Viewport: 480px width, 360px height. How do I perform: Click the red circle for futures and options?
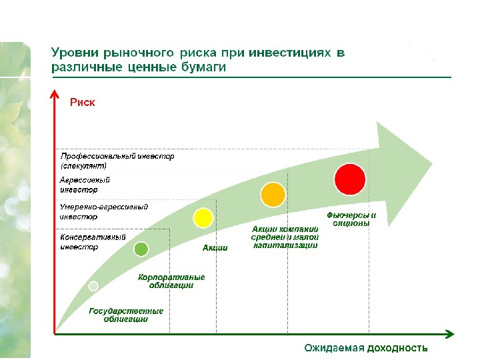tap(350, 179)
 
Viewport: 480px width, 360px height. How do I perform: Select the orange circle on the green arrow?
tap(273, 194)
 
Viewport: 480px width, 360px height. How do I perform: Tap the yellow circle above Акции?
tap(203, 217)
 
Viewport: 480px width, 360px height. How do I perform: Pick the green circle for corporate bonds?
tap(141, 249)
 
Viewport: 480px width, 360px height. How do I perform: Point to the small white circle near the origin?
tap(93, 286)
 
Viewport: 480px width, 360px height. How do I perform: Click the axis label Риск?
tap(83, 102)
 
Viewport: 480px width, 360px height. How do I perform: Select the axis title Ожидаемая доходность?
tap(365, 348)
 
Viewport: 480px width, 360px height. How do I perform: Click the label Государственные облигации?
tap(126, 315)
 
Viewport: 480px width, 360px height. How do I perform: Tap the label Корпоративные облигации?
tap(171, 281)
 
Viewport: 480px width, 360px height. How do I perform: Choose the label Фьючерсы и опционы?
tap(351, 219)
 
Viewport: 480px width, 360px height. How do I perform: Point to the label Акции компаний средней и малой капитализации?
tap(285, 237)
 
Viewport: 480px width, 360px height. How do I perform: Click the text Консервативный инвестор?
tap(93, 241)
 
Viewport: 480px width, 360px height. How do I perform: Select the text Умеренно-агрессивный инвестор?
tap(103, 211)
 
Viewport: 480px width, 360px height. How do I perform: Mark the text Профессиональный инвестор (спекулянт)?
tap(117, 160)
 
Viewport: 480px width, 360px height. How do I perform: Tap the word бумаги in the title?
tap(203, 67)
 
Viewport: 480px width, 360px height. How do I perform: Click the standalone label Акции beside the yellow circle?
tap(215, 248)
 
